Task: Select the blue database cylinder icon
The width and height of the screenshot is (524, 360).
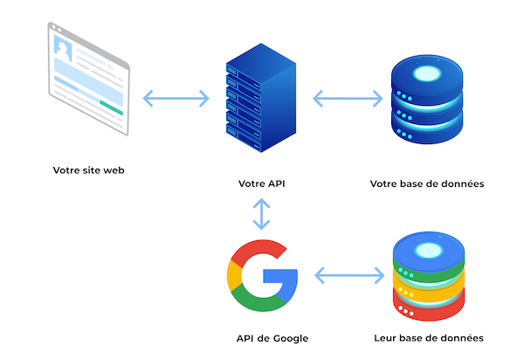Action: pyautogui.click(x=426, y=96)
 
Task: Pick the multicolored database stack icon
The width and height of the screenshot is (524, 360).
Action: pyautogui.click(x=427, y=277)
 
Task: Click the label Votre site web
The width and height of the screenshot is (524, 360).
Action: pyautogui.click(x=87, y=170)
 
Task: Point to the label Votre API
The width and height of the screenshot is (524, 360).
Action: pyautogui.click(x=261, y=184)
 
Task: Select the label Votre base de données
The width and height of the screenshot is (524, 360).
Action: pyautogui.click(x=427, y=184)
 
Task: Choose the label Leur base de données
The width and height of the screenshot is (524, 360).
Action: pyautogui.click(x=428, y=338)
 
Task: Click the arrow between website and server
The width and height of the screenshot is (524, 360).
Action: pyautogui.click(x=176, y=96)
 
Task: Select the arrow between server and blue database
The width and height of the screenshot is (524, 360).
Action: pyautogui.click(x=347, y=96)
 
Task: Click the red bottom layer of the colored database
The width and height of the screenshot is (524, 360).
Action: pyautogui.click(x=427, y=308)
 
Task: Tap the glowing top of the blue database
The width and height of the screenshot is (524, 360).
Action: pyautogui.click(x=426, y=73)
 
